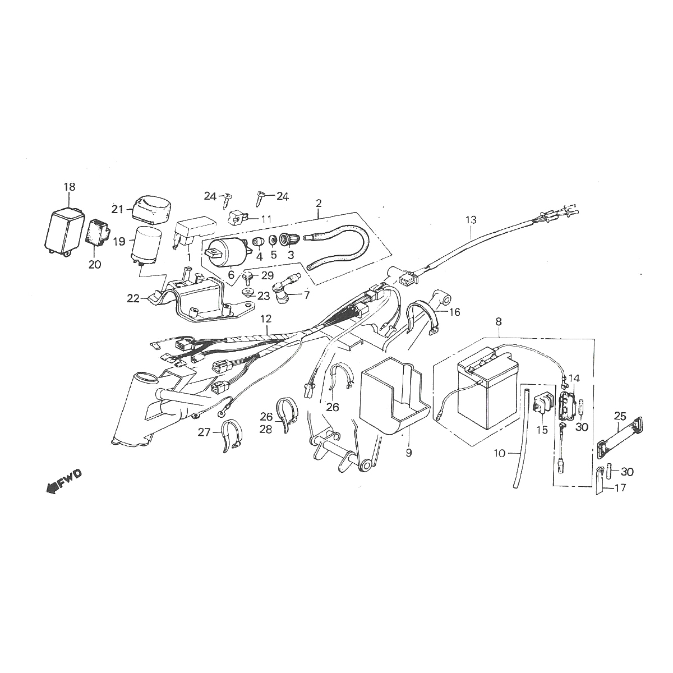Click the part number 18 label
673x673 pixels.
click(69, 186)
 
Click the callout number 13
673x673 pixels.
click(470, 220)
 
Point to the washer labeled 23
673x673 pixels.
click(247, 293)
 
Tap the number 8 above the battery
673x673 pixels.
click(499, 322)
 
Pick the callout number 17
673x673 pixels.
click(620, 488)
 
